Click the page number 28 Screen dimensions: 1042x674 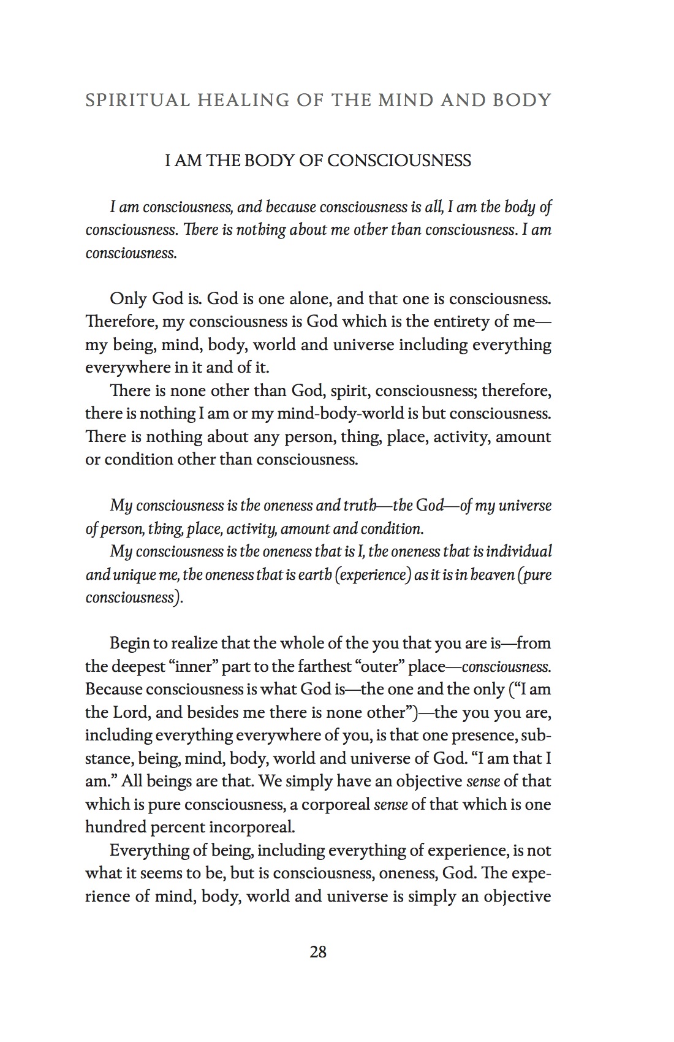point(318,952)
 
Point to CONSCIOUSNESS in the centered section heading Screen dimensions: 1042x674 point(399,161)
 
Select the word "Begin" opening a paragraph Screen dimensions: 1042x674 point(129,643)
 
